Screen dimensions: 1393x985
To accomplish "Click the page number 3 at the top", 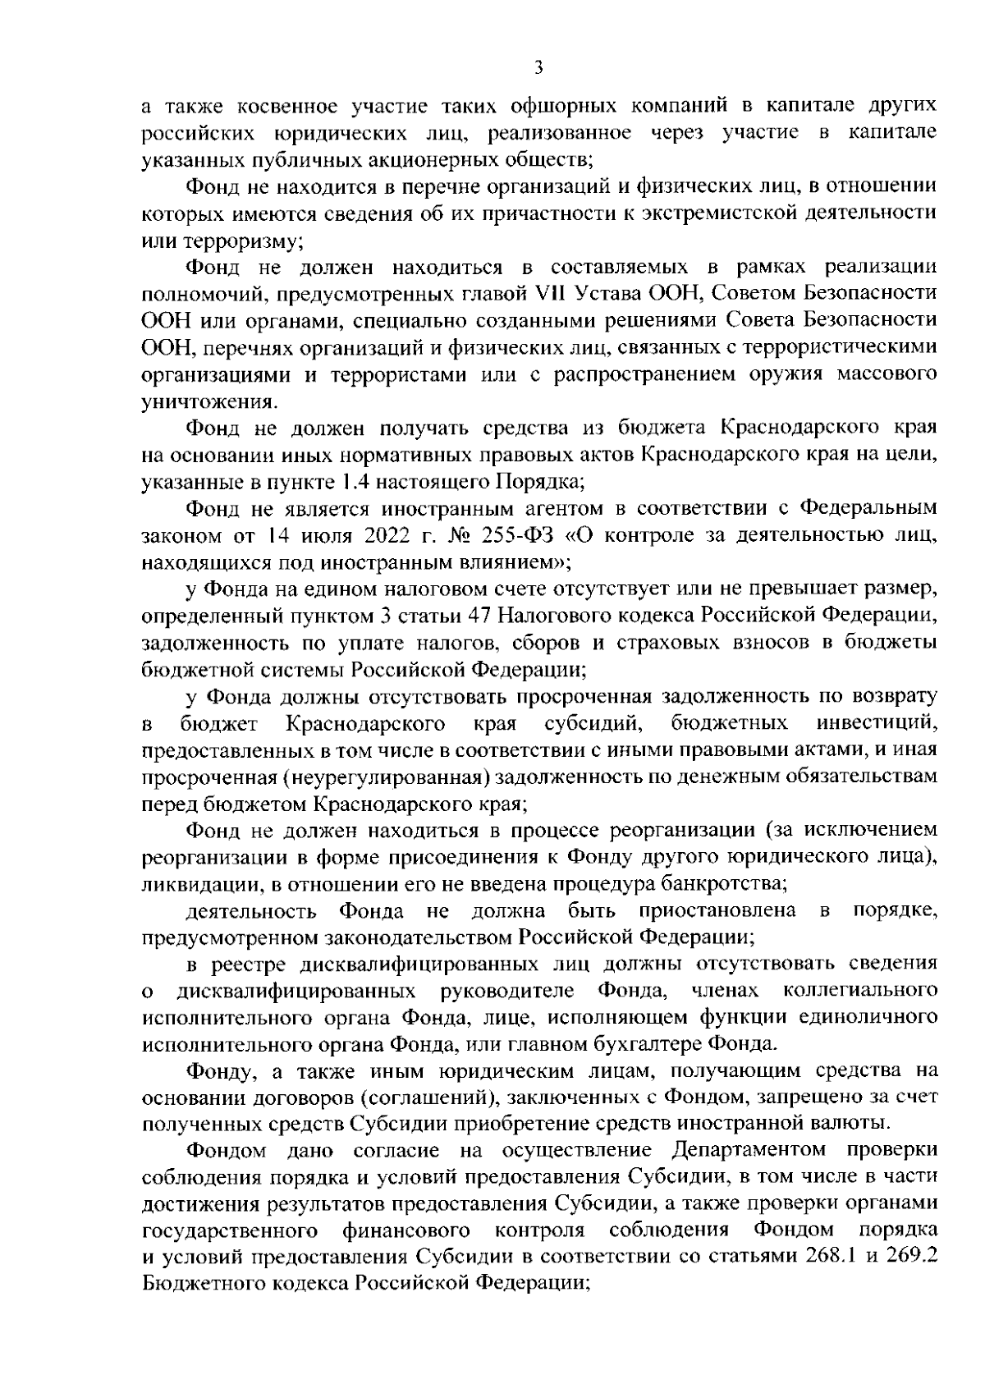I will coord(538,69).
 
